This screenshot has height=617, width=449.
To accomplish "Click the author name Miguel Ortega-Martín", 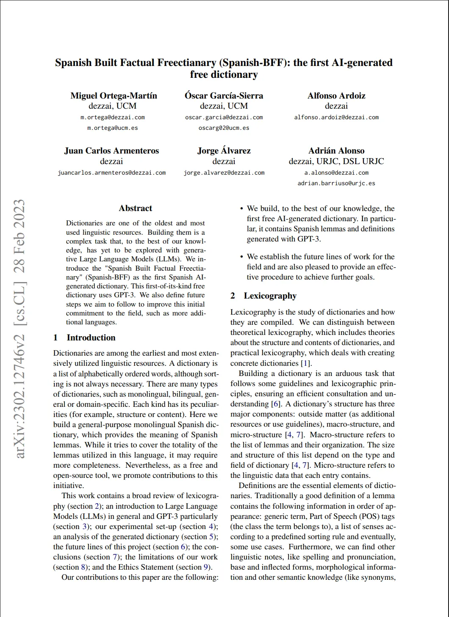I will point(114,96).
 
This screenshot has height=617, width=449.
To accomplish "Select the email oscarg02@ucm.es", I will point(224,128).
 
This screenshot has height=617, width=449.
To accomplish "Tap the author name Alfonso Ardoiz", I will point(336,96).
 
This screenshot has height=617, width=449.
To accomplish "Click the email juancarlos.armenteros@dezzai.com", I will point(111,173).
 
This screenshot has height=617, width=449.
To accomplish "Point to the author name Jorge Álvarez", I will point(224,151).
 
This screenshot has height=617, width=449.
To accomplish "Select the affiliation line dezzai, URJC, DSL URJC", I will point(336,161).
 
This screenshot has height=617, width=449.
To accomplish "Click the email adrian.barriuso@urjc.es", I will point(336,183).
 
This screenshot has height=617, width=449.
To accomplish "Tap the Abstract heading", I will point(136,208).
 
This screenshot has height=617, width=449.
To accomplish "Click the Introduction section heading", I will point(91,337).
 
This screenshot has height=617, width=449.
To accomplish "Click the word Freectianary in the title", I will point(187,63).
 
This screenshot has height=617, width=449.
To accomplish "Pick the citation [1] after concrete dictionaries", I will point(306,363).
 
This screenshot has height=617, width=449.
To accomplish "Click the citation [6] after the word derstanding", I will point(276,404).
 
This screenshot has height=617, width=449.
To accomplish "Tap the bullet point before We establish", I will point(241,257).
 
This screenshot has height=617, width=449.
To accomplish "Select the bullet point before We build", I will point(241,208).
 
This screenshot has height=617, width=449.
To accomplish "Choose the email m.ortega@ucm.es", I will point(112,128).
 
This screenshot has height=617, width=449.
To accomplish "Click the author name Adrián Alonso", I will point(336,151).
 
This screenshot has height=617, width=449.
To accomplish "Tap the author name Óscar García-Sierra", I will point(224,96).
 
